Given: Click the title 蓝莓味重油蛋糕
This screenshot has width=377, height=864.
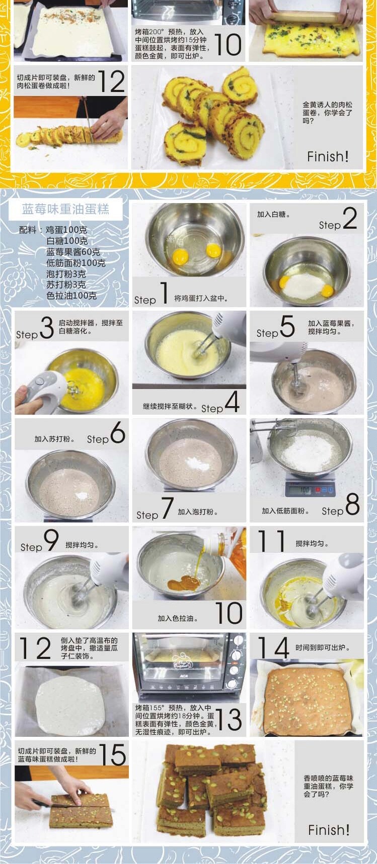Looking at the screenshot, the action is coord(65,209).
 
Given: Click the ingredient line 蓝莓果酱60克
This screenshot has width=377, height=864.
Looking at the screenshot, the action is coord(73,252).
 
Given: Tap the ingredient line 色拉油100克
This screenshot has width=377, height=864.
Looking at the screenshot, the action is coord(71,296).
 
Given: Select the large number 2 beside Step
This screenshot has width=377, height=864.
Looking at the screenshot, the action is coord(350,218).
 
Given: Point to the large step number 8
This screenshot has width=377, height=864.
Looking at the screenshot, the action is coord(352,504).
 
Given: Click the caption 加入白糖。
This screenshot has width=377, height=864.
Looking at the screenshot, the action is coord(273,214).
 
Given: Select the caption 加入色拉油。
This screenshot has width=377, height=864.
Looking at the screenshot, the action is coord(178,618).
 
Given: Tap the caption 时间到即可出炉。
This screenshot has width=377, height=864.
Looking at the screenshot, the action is coord(323,648).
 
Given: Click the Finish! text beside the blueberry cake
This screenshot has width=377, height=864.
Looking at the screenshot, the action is coord(329,829).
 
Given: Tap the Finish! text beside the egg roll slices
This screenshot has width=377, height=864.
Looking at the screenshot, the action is coord(328,156).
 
